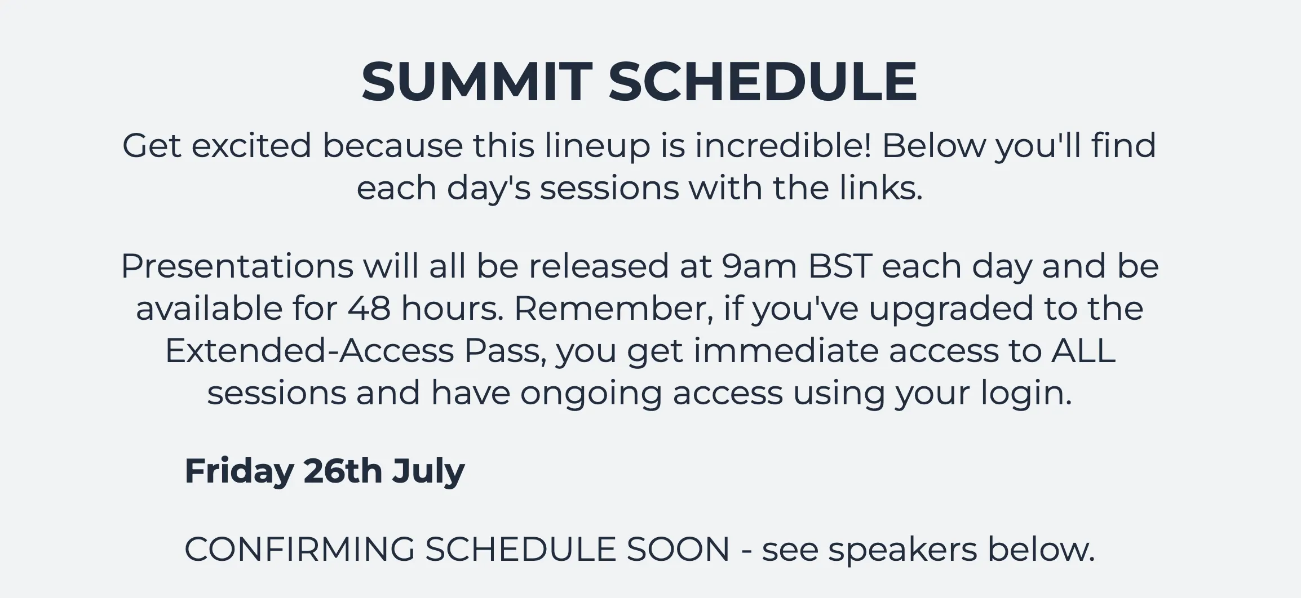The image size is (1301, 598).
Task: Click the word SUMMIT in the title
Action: [477, 82]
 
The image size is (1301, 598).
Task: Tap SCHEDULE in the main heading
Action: [763, 82]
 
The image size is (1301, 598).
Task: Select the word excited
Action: [251, 145]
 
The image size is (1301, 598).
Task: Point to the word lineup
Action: [597, 146]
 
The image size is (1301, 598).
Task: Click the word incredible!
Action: [783, 145]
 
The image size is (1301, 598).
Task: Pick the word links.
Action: [880, 188]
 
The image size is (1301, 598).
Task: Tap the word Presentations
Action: [237, 266]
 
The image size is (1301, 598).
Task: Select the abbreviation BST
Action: [840, 266]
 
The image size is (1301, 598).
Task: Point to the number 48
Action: [369, 309]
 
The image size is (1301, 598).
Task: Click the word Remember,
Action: [613, 309]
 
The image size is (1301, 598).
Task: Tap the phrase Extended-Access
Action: [309, 350]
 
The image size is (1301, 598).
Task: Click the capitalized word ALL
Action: [1083, 351]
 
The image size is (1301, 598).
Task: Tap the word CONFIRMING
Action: [300, 550]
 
